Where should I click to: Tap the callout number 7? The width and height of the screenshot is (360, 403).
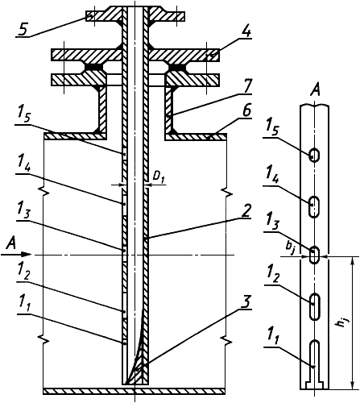[x=246, y=86]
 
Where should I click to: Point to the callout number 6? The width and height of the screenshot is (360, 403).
[x=246, y=110]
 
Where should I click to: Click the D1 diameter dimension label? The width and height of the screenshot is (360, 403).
[x=159, y=177]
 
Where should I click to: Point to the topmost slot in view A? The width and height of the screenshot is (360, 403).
[x=314, y=155]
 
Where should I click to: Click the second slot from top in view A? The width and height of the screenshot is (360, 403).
[x=314, y=207]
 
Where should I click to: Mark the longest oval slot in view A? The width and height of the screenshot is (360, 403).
[x=314, y=307]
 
